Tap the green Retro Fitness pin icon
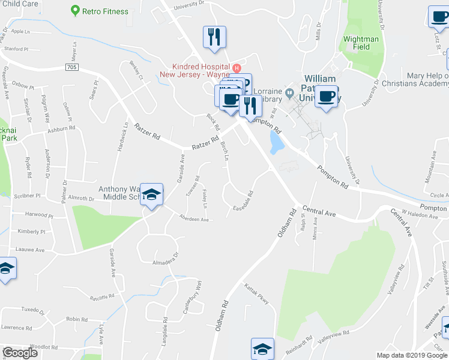pos(75,10)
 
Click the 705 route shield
pos(71,68)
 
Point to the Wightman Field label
pos(361,43)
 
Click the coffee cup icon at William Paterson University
pos(326,97)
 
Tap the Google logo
pos(20,353)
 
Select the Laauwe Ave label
pos(31,250)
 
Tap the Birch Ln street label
pos(224,151)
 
